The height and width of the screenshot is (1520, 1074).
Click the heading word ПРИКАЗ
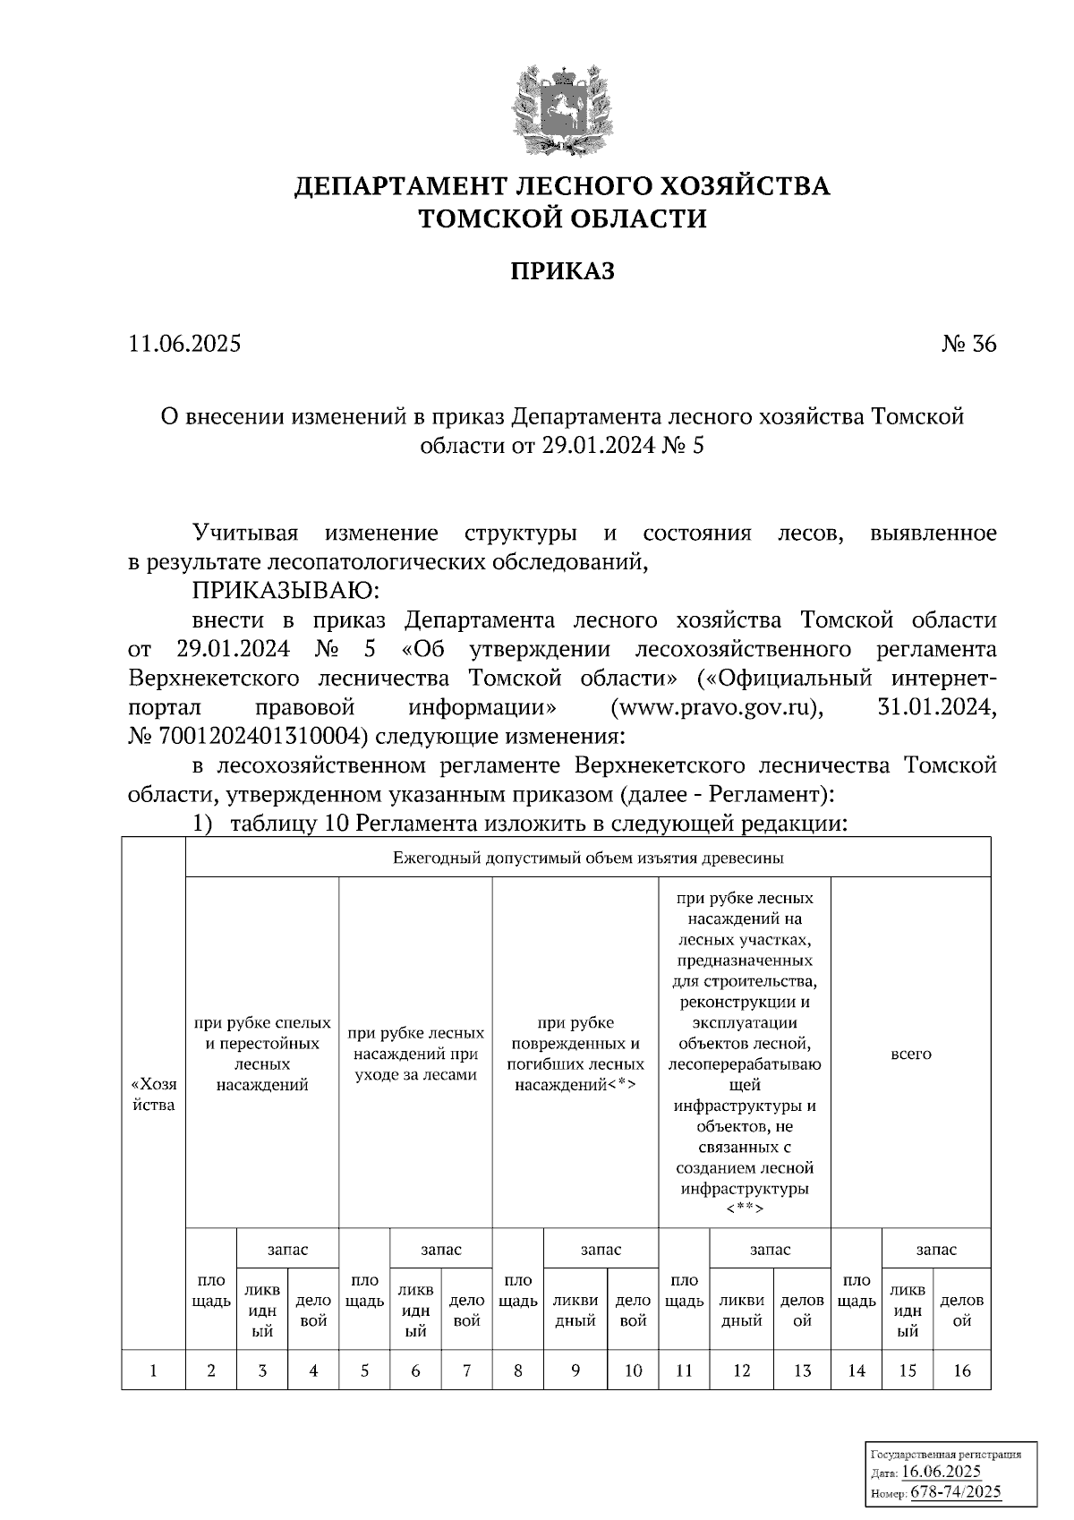point(563,271)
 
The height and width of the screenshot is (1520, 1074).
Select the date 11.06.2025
point(184,344)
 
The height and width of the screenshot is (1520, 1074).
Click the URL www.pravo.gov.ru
point(716,707)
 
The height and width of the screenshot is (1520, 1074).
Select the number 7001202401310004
point(261,737)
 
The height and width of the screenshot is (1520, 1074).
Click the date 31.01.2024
point(933,707)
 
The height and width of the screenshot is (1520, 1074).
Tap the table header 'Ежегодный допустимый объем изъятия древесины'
point(588,858)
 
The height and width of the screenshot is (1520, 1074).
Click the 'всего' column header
point(910,1054)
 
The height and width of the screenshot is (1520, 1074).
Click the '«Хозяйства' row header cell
point(153,1093)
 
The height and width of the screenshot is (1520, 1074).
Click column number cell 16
point(962,1370)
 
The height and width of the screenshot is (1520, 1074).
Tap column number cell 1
point(153,1370)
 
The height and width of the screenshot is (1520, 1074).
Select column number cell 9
point(575,1370)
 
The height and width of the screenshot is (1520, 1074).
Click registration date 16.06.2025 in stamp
point(941,1472)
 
